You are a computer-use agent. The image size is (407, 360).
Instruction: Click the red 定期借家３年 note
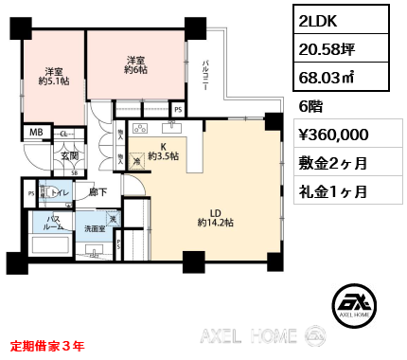[x=47, y=346]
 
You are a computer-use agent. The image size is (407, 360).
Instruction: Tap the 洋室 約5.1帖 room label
[x=54, y=76]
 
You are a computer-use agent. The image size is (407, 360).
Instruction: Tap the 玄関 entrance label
[x=44, y=157]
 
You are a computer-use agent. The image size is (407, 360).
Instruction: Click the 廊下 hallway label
[x=97, y=193]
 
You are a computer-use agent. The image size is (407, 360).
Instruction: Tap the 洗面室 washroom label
[x=95, y=228]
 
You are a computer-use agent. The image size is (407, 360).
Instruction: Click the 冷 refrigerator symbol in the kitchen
[x=138, y=161]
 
